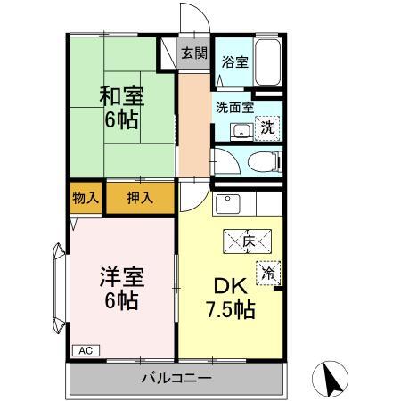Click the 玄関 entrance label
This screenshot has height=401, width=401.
pyautogui.click(x=194, y=53)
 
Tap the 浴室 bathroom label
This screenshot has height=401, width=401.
pyautogui.click(x=235, y=62)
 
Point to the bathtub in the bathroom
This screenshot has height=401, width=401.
pyautogui.click(x=268, y=61)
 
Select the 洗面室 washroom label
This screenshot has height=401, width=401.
pyautogui.click(x=234, y=108)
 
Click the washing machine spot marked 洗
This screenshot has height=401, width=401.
pyautogui.click(x=267, y=128)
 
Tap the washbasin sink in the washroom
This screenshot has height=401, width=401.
pyautogui.click(x=241, y=132)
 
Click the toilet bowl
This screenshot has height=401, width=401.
pyautogui.click(x=264, y=162)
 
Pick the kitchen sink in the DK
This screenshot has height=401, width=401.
pyautogui.click(x=228, y=204)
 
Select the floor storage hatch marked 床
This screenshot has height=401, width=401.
pyautogui.click(x=247, y=241)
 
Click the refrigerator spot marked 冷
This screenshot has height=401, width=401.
pyautogui.click(x=268, y=273)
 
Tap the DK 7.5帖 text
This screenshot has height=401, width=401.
pyautogui.click(x=231, y=298)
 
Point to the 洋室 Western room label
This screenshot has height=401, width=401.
pyautogui.click(x=122, y=276)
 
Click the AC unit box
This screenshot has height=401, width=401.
pyautogui.click(x=86, y=350)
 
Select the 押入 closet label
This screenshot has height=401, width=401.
pyautogui.click(x=140, y=198)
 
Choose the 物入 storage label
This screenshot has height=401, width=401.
pyautogui.click(x=86, y=198)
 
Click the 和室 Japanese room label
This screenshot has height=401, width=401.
pyautogui.click(x=122, y=96)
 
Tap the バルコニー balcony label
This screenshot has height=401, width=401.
pyautogui.click(x=176, y=379)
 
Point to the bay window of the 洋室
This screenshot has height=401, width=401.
pyautogui.click(x=59, y=288)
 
